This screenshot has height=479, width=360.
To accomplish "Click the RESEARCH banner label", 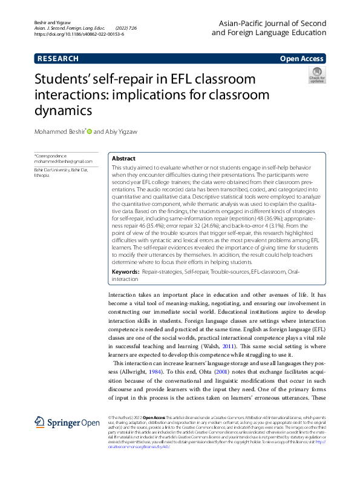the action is [58, 59].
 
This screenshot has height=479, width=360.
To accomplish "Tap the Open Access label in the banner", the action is [302, 59].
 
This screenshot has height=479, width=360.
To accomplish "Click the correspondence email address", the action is [64, 162].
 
